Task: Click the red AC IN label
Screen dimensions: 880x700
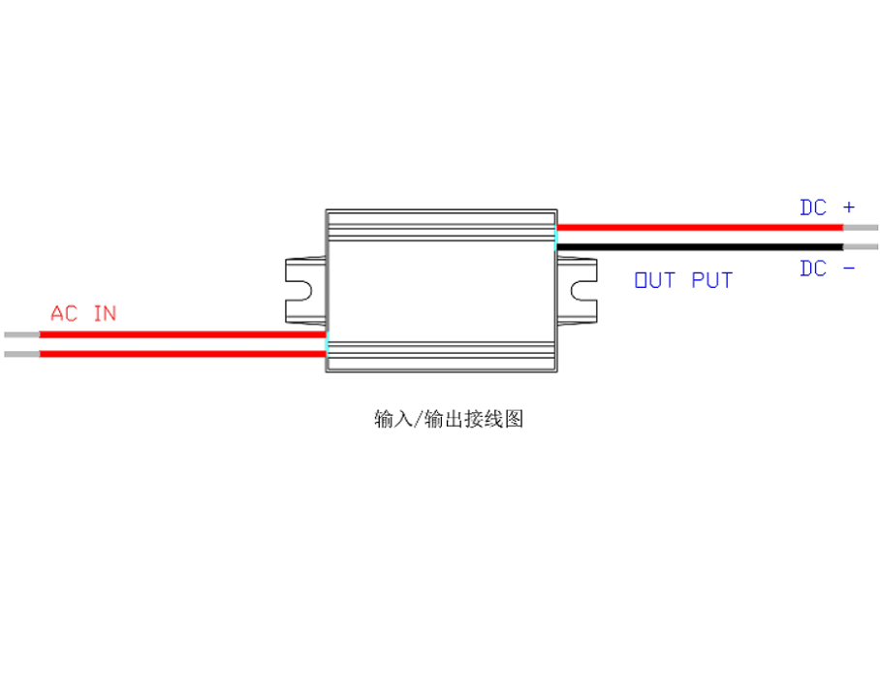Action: click(83, 314)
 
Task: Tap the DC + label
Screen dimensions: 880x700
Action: click(827, 207)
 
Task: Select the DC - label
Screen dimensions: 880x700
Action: click(827, 269)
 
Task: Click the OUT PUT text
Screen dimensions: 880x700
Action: click(683, 281)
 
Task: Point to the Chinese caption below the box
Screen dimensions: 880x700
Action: click(449, 420)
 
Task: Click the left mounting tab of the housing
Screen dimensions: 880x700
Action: click(304, 290)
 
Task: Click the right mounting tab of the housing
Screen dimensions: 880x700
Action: click(578, 290)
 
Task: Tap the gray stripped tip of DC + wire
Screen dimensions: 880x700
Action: click(861, 228)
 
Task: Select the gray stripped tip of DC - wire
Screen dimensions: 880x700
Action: click(861, 246)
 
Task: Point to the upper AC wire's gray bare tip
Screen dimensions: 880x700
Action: click(21, 334)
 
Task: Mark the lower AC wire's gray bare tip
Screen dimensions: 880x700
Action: click(21, 354)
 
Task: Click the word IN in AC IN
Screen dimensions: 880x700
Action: click(105, 314)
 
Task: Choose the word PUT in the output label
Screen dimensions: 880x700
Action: click(712, 281)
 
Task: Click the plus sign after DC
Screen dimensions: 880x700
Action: click(849, 207)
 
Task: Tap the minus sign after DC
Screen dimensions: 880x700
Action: click(849, 269)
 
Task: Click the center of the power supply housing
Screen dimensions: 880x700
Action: click(441, 290)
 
